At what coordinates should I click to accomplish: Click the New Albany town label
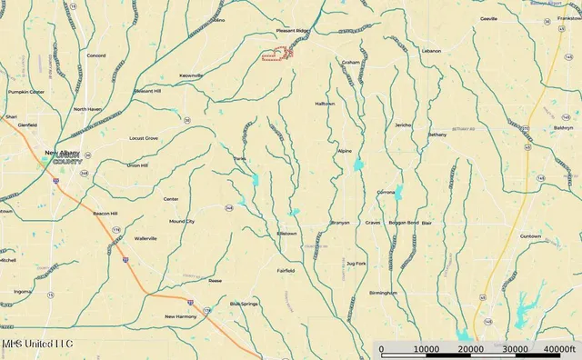[63, 152]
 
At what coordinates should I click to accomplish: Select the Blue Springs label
[244, 303]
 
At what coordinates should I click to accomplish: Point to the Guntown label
[530, 236]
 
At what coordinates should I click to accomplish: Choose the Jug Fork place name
[356, 264]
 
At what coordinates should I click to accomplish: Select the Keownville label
[191, 75]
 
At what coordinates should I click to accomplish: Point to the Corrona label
[386, 193]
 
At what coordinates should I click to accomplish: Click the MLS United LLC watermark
[36, 345]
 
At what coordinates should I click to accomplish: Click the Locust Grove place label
[144, 138]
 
